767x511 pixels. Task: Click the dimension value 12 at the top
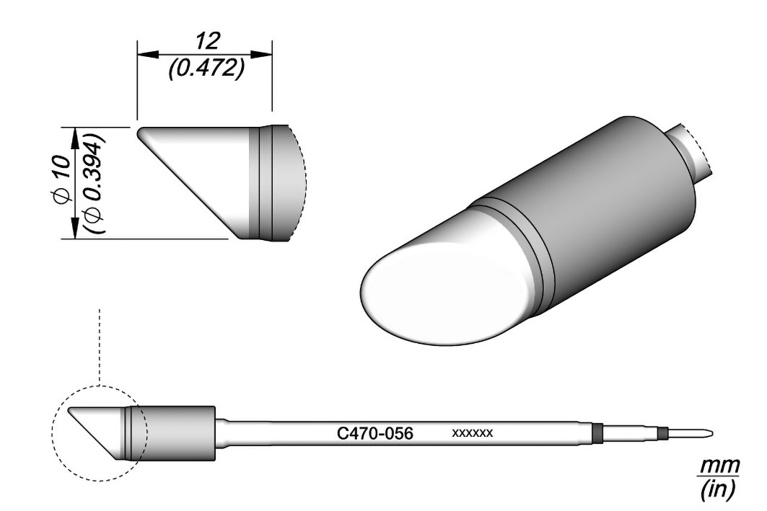pyautogui.click(x=208, y=41)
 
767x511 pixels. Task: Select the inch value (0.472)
pyautogui.click(x=206, y=70)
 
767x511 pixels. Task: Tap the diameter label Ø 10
pyautogui.click(x=63, y=177)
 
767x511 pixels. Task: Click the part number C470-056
pyautogui.click(x=375, y=433)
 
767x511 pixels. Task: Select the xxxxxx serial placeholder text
pyautogui.click(x=473, y=433)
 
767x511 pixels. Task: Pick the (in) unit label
pyautogui.click(x=718, y=489)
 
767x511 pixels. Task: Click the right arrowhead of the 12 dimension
pyautogui.click(x=262, y=54)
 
